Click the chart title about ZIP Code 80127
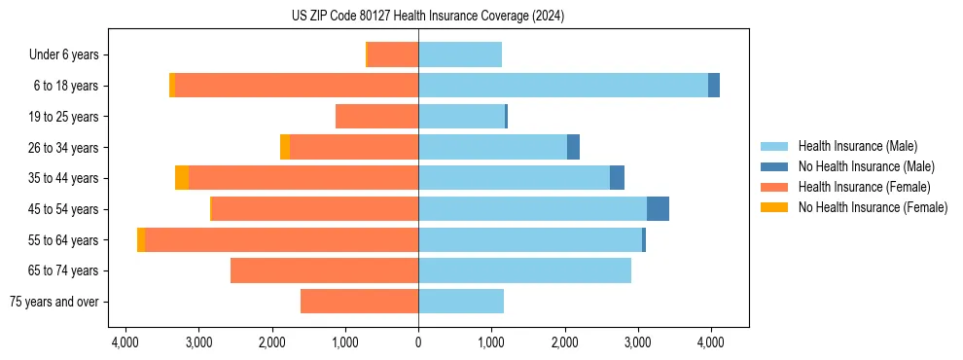(427, 17)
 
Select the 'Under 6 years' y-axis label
(70, 55)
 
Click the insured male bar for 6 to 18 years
(562, 86)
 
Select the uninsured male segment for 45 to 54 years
(658, 209)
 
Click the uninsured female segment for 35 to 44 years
(182, 178)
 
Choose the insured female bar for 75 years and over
(359, 302)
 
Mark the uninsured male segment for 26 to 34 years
(573, 147)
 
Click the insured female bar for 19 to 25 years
(376, 117)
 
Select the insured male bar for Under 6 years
(460, 55)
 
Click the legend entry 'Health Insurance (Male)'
(857, 146)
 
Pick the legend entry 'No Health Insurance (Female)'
(873, 207)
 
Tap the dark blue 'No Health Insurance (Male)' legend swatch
(775, 166)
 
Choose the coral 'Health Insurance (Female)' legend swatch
(775, 187)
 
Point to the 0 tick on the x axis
(418, 342)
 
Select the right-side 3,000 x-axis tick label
(637, 342)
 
